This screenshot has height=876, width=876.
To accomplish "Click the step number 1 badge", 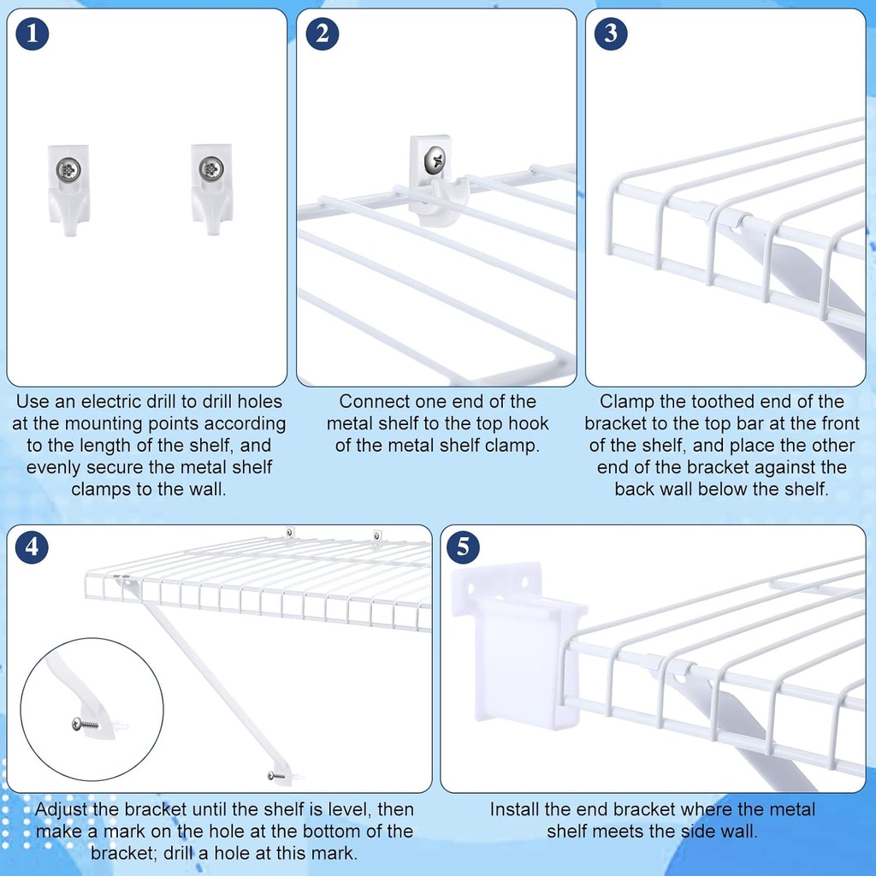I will coord(32,33).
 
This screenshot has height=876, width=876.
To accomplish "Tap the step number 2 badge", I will coord(322,33).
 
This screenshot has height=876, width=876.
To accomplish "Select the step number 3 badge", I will coord(610,33).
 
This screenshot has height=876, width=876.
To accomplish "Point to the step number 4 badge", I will coord(32,547).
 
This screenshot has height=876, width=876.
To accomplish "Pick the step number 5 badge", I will coord(463,547).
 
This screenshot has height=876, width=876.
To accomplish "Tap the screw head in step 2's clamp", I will coord(435,158).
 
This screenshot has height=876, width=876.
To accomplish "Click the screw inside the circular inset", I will coord(86,724).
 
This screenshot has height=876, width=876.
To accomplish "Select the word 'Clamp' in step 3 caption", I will coord(625,401).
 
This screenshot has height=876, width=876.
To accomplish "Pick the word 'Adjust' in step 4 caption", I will coord(63,809).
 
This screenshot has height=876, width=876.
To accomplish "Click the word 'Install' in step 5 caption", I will coord(518,809).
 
